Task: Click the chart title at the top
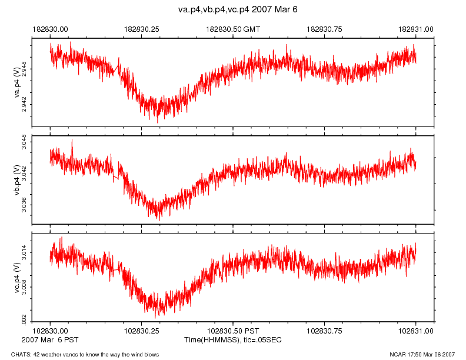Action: click(x=233, y=10)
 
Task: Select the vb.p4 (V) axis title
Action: click(x=17, y=180)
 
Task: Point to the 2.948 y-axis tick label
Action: click(x=24, y=69)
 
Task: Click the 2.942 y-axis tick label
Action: click(x=24, y=105)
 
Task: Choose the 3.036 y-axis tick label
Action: click(x=24, y=205)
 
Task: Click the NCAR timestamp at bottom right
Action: click(x=422, y=354)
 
